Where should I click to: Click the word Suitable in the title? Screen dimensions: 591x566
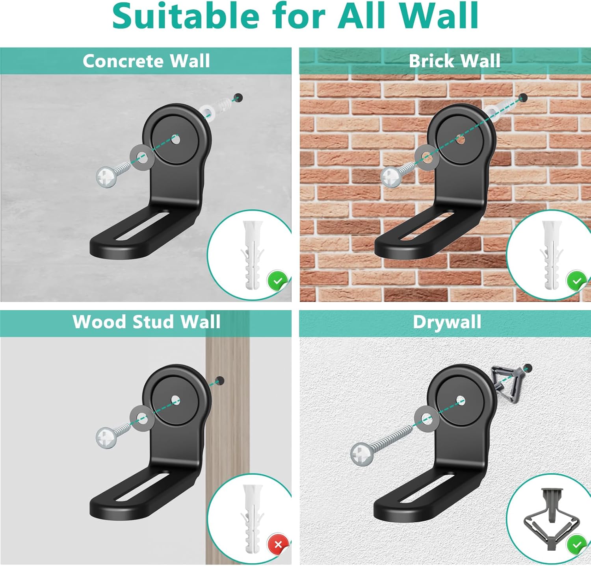click(x=186, y=16)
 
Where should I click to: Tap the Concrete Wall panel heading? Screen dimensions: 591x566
click(x=146, y=61)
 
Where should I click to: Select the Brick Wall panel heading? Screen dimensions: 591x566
click(x=455, y=61)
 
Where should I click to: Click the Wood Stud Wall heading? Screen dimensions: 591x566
click(x=146, y=322)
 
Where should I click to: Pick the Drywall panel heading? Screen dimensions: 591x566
click(x=447, y=322)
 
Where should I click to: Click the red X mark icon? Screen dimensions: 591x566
click(x=278, y=545)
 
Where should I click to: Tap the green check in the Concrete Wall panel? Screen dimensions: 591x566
click(x=278, y=281)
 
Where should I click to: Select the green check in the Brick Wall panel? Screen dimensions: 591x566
click(x=576, y=281)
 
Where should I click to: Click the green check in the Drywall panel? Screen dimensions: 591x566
click(x=576, y=545)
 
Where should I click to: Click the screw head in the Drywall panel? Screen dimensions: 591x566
click(x=362, y=454)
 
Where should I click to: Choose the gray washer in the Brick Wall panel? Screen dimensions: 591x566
click(x=426, y=157)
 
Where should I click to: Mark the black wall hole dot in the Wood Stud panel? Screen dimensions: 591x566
click(x=220, y=381)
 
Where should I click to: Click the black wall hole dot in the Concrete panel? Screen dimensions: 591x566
click(x=238, y=97)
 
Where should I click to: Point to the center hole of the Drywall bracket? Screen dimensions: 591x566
click(x=461, y=401)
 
